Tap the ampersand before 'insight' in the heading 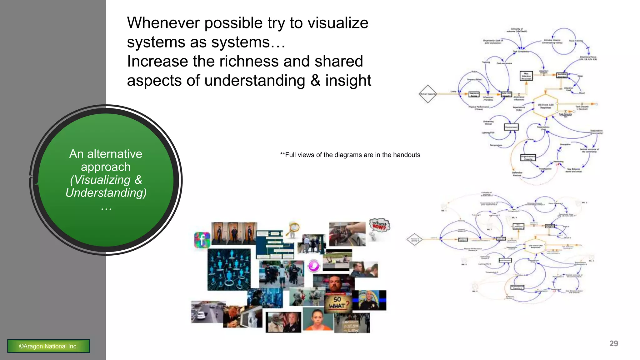[x=315, y=81]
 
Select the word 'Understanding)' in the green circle [x=106, y=193]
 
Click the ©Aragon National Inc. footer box [x=48, y=346]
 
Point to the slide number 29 [x=613, y=343]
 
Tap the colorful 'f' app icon [x=202, y=240]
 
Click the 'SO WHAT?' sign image [x=338, y=303]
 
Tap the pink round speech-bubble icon [x=314, y=266]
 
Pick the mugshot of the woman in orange [x=317, y=319]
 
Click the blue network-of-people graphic [x=229, y=269]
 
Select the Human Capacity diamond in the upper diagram [x=427, y=94]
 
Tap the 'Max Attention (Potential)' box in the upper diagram [x=526, y=76]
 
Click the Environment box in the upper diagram [x=511, y=127]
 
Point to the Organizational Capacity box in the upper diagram [x=528, y=157]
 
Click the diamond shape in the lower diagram [x=414, y=240]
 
